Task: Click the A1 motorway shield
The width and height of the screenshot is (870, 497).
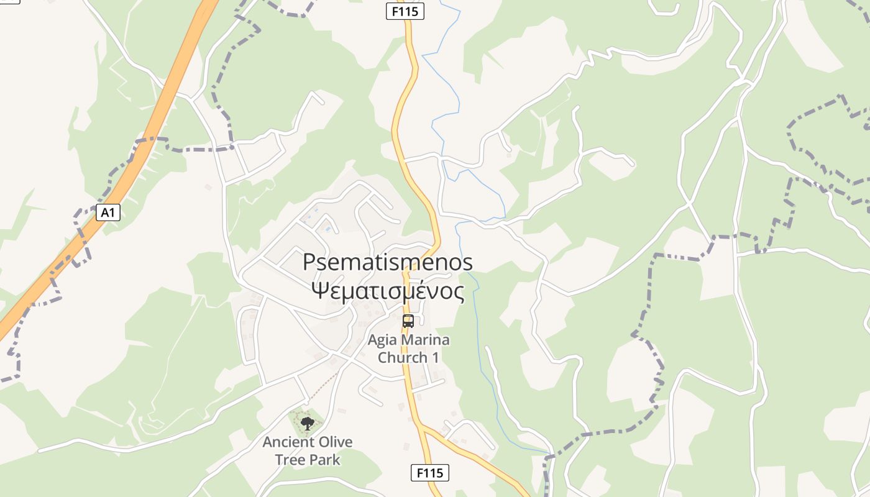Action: (108, 212)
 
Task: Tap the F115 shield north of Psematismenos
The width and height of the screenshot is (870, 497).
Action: (405, 11)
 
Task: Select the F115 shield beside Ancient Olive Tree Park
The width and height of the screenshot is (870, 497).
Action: (429, 473)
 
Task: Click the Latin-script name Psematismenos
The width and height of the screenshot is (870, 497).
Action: (388, 262)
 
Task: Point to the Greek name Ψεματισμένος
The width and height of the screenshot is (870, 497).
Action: (388, 291)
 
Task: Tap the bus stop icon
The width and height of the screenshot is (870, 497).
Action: (408, 321)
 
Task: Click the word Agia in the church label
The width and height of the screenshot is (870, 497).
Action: (383, 340)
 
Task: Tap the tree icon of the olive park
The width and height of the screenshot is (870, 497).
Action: (307, 424)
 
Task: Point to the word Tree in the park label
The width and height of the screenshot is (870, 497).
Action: (293, 460)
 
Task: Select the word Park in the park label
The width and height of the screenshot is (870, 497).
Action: (326, 460)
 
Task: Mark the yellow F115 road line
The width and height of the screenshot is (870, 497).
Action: (398, 124)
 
